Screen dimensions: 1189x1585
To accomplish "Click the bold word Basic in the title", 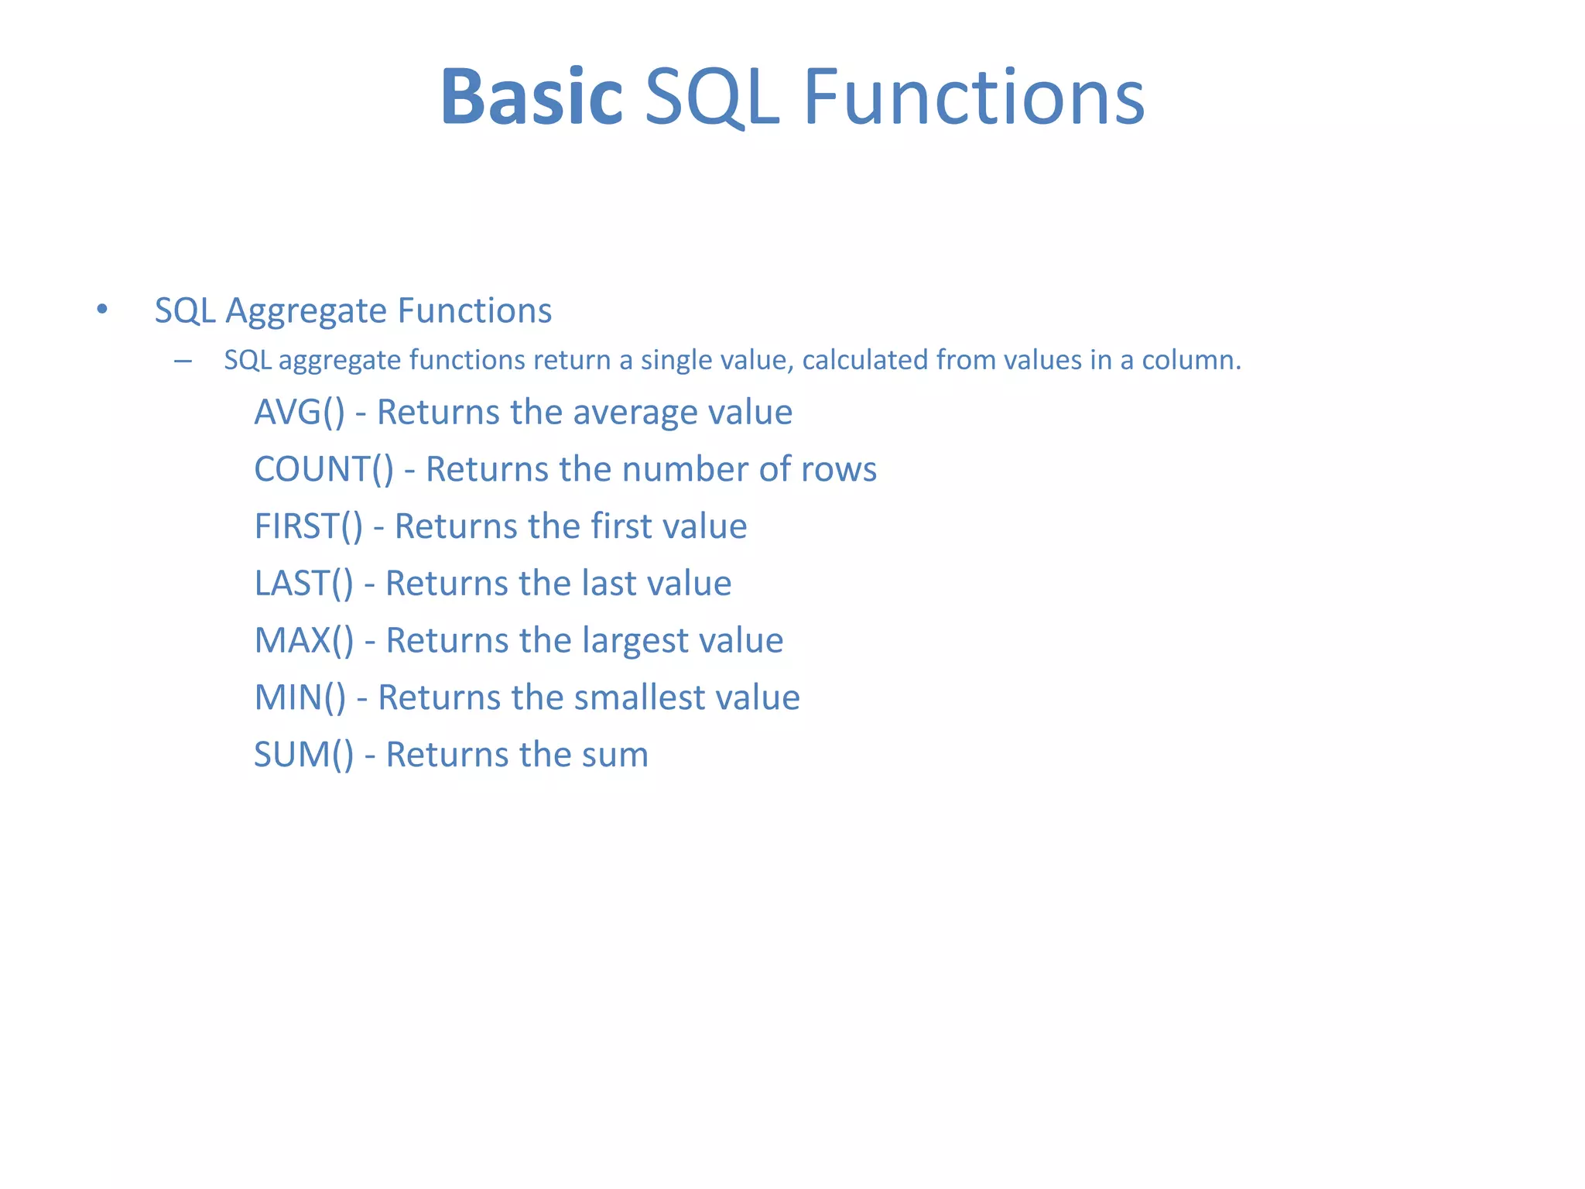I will pyautogui.click(x=532, y=98).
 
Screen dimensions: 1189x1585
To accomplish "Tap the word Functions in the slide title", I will pyautogui.click(x=974, y=98).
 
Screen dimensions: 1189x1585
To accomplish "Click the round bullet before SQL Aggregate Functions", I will pyautogui.click(x=102, y=310).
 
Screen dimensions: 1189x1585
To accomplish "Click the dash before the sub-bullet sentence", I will pyautogui.click(x=183, y=361).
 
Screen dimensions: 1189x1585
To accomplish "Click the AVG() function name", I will pyautogui.click(x=300, y=413).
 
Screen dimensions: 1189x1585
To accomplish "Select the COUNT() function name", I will pyautogui.click(x=324, y=470).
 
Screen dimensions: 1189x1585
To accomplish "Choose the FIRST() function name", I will pyautogui.click(x=308, y=526).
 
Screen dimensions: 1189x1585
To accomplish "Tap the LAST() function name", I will pyautogui.click(x=303, y=584).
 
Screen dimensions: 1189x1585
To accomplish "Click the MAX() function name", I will pyautogui.click(x=303, y=641).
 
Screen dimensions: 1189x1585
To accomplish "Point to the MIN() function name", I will pyautogui.click(x=300, y=697).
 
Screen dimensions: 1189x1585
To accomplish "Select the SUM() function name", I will pyautogui.click(x=303, y=755).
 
